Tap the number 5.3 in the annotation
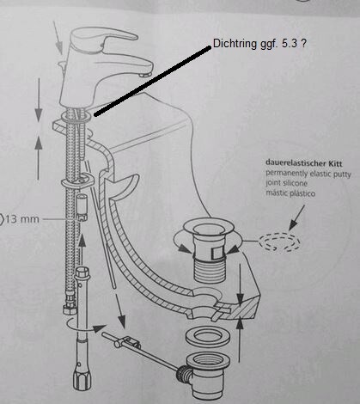[x=290, y=44]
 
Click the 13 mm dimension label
[x=21, y=219]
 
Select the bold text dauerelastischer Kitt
[x=304, y=163]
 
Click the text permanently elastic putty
[x=308, y=174]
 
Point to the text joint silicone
[x=286, y=183]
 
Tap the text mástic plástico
[x=290, y=193]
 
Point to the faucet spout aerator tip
[x=145, y=74]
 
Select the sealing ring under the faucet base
[x=76, y=116]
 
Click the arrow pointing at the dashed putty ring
[x=296, y=217]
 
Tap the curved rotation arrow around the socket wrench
[x=84, y=327]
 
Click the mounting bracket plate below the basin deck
[x=78, y=181]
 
